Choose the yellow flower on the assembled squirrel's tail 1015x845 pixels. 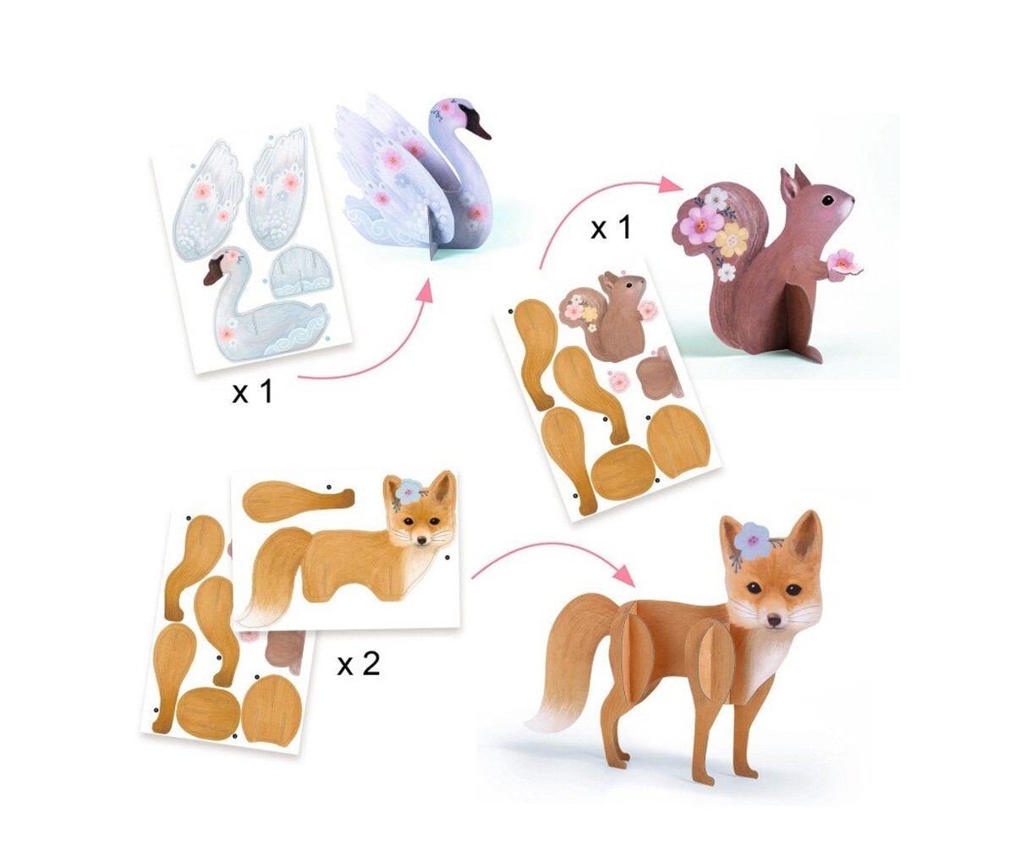pos(731,239)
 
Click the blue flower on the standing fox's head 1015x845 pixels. pos(751,538)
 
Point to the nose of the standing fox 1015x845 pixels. pos(771,621)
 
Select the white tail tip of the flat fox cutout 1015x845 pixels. pos(255,612)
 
